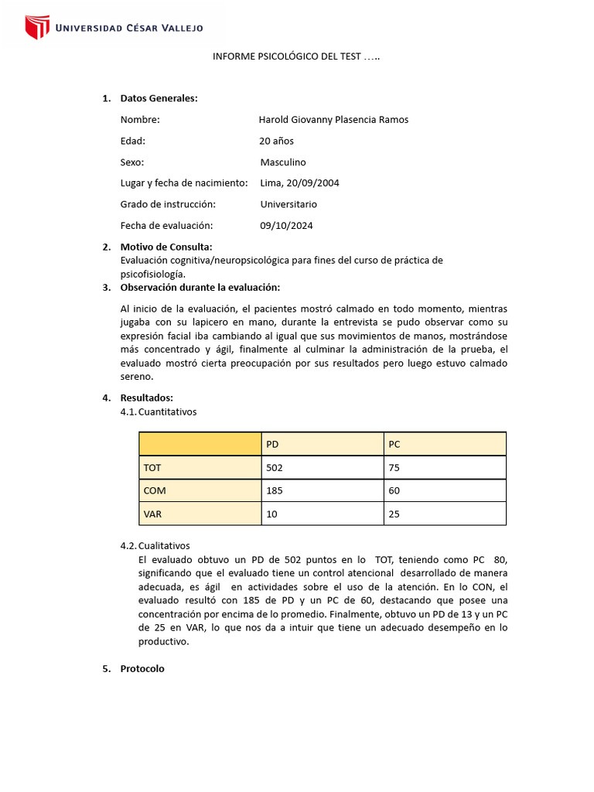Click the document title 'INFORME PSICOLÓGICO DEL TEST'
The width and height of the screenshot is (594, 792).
pyautogui.click(x=296, y=57)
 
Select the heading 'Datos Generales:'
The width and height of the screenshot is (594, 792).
pyautogui.click(x=159, y=98)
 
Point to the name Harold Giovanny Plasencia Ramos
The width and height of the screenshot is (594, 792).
pyautogui.click(x=333, y=120)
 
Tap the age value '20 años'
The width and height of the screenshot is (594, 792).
pyautogui.click(x=276, y=141)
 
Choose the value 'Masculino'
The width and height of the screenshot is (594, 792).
pyautogui.click(x=283, y=162)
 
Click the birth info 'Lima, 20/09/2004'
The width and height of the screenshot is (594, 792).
pyautogui.click(x=299, y=183)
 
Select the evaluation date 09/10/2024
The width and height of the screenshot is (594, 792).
pyautogui.click(x=286, y=226)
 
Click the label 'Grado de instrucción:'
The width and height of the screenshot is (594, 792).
pyautogui.click(x=168, y=204)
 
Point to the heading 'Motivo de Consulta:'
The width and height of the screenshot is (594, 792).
pyautogui.click(x=166, y=247)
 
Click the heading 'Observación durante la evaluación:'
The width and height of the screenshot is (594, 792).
pyautogui.click(x=200, y=288)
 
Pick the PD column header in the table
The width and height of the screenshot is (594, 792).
pyautogui.click(x=272, y=444)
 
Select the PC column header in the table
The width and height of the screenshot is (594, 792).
pyautogui.click(x=394, y=444)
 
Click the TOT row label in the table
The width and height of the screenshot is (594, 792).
pyautogui.click(x=152, y=467)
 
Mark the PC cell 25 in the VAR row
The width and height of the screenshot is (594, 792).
pyautogui.click(x=394, y=514)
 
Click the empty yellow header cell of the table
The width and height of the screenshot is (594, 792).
pyautogui.click(x=200, y=444)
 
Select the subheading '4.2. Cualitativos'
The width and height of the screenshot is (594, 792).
pyautogui.click(x=155, y=545)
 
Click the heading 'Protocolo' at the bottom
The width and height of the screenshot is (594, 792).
pyautogui.click(x=142, y=669)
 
